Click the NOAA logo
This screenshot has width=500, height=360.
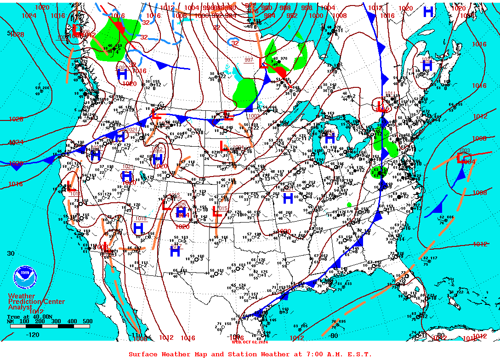coord(24,276)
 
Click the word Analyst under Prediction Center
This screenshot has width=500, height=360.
coord(20,307)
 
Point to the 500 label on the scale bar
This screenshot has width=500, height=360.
coord(87,321)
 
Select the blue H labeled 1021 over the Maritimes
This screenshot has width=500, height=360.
coord(428,66)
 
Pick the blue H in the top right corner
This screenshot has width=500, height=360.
coord(428,12)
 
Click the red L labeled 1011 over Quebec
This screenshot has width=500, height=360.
coord(381,106)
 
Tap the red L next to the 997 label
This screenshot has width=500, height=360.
coord(264,63)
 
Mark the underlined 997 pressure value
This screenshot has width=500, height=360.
coord(249,60)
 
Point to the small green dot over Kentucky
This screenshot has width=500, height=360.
coord(349,205)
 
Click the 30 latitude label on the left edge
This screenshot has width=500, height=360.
coord(11,253)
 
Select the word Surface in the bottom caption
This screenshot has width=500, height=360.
coord(143,354)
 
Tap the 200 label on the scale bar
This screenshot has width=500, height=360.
coord(39,321)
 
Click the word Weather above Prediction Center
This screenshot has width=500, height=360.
coord(21,296)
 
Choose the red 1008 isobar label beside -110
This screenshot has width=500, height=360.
coord(140,338)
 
